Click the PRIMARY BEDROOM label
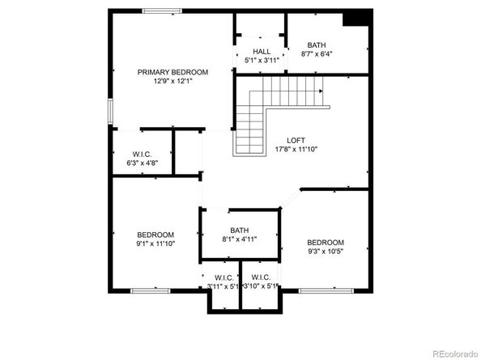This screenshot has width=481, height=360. coord(172,72)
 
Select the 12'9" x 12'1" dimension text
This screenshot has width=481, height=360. coord(172,81)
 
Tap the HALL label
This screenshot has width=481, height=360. coord(262,52)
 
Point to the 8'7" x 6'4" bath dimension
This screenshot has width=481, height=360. coord(317,54)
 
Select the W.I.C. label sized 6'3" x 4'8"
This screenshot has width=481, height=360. coord(143,154)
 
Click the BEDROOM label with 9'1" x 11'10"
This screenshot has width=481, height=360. coord(155,234)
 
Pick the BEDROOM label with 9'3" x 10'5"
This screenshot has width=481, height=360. coord(326,242)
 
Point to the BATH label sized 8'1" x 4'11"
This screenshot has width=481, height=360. coord(240,231)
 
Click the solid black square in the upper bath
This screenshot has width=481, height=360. coord(357,19)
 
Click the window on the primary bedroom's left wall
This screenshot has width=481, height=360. coord(111,111)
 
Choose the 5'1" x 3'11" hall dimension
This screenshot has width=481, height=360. coord(262,60)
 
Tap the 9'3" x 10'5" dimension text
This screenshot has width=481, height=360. coord(326,252)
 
